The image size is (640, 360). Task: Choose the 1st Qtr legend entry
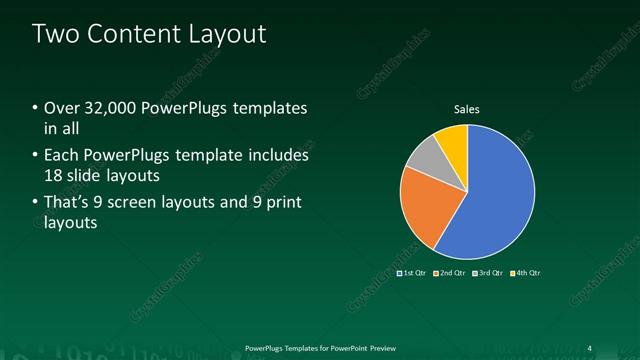pos(413,272)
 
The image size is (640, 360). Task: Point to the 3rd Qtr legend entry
pos(489,272)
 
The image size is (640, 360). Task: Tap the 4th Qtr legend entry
pos(527,272)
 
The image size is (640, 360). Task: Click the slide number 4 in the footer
pos(589,348)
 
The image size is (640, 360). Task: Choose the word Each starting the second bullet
pos(61,156)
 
